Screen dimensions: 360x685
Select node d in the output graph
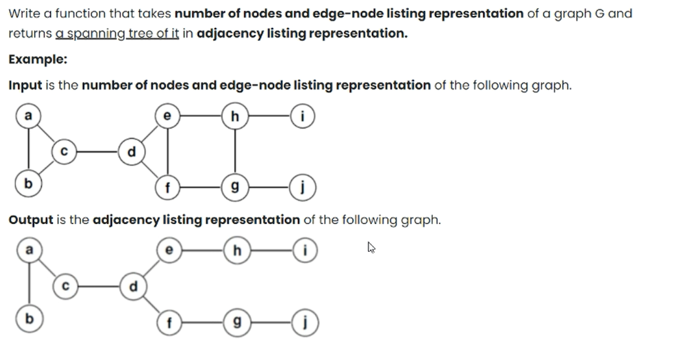coord(132,287)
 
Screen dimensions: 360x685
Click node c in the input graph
coord(64,151)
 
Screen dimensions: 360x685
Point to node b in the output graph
coord(27,320)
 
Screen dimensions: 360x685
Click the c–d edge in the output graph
coord(98,287)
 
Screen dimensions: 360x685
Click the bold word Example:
coord(38,59)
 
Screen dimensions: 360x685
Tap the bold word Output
coord(31,220)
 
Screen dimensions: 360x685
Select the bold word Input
coord(25,85)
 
